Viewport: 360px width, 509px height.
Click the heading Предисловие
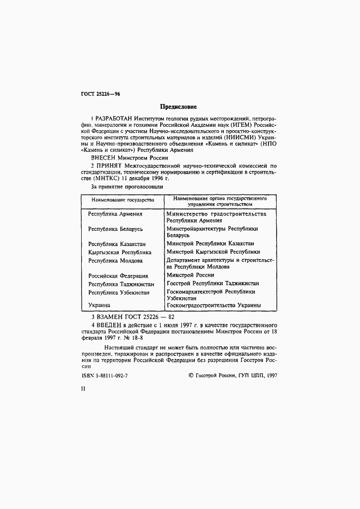click(178, 107)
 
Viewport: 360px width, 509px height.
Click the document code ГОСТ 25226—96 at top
click(100, 94)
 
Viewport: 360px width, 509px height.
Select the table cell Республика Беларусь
click(115, 229)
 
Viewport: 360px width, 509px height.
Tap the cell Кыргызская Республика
click(120, 252)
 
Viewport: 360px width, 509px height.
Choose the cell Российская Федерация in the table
click(118, 275)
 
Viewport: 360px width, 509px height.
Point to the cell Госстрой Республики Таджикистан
click(212, 284)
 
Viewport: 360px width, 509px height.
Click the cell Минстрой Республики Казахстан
click(210, 243)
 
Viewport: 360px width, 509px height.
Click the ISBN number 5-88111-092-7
click(110, 375)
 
